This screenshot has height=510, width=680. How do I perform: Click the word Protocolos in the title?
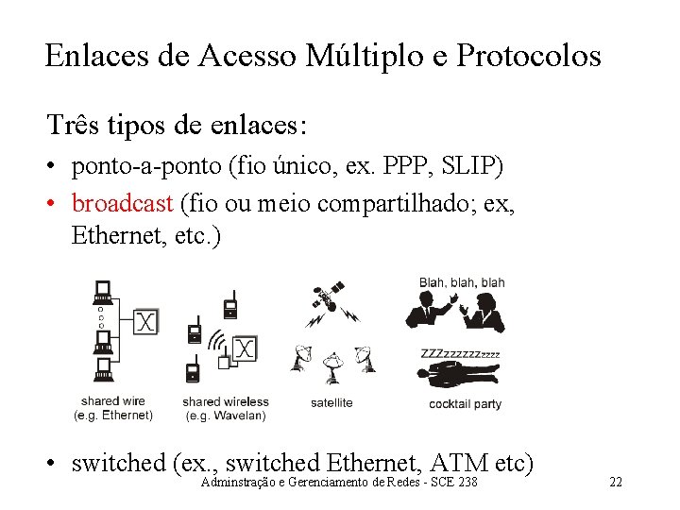point(528,56)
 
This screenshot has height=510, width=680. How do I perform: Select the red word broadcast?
point(122,203)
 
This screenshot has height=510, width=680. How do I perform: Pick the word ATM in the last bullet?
point(461,463)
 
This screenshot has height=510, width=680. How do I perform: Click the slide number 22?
point(616,483)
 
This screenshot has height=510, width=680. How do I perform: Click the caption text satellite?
point(331,402)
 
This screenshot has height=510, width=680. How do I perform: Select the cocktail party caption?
point(465,404)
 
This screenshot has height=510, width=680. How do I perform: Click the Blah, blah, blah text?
point(462,282)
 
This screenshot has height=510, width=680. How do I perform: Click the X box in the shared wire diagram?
point(144,322)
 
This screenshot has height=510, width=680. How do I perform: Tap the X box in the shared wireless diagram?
point(245,349)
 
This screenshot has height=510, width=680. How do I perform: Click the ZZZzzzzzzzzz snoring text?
point(460,354)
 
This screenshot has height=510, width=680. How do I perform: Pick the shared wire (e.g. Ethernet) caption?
point(113,408)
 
